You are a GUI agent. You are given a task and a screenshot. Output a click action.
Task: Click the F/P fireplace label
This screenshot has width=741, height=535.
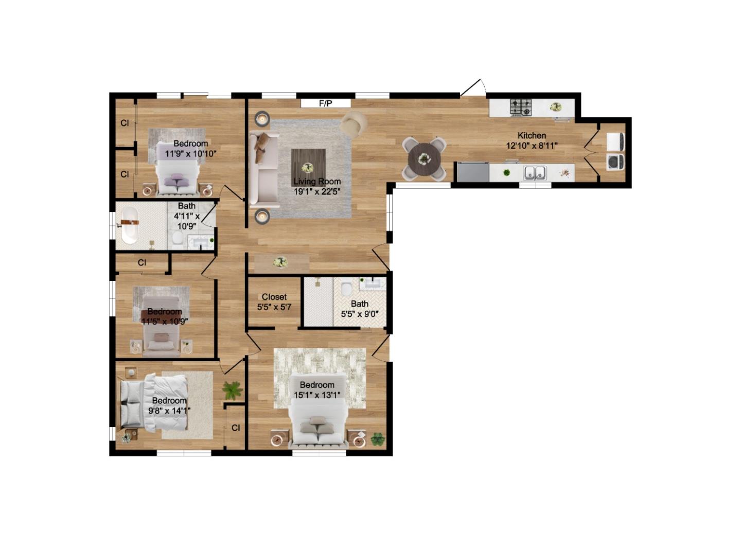click(325, 103)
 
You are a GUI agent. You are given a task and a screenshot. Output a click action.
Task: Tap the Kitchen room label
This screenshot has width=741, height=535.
click(532, 135)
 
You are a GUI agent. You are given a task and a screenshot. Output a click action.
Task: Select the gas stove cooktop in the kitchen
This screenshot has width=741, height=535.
click(521, 107)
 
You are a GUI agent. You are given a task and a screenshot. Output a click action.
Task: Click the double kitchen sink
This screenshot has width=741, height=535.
click(535, 173)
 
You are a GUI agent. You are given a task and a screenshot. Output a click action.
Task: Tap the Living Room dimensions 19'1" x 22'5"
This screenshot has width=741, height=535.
click(317, 192)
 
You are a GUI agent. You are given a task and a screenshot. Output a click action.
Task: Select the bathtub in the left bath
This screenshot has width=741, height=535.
click(129, 225)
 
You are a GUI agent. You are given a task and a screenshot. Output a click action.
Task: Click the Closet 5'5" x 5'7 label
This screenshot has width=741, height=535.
click(274, 302)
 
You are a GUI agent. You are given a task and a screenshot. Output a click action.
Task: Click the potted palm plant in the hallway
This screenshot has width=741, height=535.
click(233, 390)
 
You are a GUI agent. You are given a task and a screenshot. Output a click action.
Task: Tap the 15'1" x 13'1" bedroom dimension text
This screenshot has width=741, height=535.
click(317, 395)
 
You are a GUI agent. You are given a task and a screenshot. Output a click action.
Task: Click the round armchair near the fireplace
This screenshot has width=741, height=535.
click(354, 123)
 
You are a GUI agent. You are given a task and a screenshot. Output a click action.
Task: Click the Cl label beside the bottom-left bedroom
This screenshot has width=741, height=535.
click(236, 427)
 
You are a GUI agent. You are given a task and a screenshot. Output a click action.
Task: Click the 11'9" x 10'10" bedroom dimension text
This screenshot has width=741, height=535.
click(190, 153)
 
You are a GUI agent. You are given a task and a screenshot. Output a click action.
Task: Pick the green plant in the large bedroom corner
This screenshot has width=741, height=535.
click(378, 439)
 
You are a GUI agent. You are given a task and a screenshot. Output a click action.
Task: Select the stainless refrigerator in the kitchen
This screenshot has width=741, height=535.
click(472, 172)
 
